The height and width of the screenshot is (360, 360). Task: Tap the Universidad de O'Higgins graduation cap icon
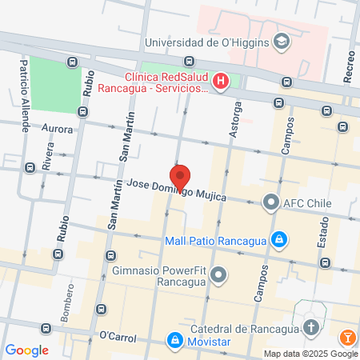coord(281,41)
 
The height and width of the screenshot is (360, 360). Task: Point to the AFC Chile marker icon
coord(272,202)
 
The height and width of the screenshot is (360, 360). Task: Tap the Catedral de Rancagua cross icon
coord(310,327)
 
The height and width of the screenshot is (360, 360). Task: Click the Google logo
coord(26,350)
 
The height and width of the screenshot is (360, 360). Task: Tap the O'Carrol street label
coord(114,334)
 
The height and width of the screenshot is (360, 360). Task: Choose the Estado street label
coord(322,250)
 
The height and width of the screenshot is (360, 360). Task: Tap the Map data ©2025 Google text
coord(310,354)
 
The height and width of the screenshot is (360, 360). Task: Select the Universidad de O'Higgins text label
coord(206,42)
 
